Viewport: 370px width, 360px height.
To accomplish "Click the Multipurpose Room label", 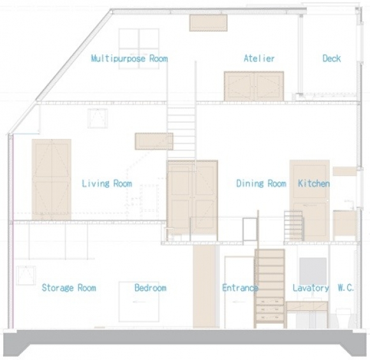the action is [129, 58].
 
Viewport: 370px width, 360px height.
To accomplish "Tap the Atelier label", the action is [259, 58].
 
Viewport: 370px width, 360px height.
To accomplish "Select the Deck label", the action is [332, 58].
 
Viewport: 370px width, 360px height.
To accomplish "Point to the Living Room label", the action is [107, 184].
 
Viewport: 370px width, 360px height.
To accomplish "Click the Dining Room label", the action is [261, 184].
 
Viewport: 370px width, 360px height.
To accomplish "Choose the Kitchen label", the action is [314, 184].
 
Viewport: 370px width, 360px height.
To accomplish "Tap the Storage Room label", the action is [69, 287].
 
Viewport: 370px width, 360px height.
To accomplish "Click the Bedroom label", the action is [151, 287].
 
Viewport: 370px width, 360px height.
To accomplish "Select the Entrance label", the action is [240, 287].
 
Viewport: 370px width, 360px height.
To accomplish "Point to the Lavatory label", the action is [311, 287].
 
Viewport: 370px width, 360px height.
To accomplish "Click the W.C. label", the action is [346, 287].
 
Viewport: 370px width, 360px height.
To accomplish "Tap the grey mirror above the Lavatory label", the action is [313, 271].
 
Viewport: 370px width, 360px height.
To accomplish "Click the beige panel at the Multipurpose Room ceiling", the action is [209, 23].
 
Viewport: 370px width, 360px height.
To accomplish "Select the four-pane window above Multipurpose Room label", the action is [139, 49].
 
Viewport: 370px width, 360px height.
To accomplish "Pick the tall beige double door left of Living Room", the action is [52, 180].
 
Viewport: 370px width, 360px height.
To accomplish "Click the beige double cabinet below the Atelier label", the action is [254, 87].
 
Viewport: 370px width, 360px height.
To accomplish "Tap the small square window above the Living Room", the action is [98, 119].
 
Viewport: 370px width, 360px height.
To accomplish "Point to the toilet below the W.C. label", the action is [343, 318].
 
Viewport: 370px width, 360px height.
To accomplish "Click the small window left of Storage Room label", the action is [26, 276].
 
